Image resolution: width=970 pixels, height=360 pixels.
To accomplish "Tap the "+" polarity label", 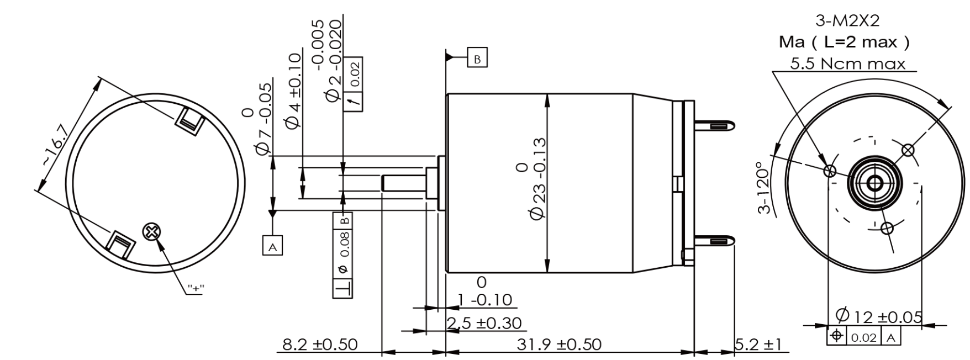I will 194,288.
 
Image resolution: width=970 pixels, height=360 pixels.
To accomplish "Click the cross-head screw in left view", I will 150,232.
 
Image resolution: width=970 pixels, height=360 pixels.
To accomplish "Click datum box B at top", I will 477,57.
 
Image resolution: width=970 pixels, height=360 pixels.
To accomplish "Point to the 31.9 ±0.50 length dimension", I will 558,345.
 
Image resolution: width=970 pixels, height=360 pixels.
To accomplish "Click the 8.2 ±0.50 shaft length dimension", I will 320,345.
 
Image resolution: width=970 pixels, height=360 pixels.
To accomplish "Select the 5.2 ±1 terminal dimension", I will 758,345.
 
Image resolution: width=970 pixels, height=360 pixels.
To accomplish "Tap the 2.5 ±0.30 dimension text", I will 484,323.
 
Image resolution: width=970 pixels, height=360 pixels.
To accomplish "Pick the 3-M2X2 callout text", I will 847,21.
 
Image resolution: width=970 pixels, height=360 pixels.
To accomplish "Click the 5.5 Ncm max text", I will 847,63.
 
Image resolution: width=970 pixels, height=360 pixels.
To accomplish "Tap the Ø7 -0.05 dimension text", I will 264,119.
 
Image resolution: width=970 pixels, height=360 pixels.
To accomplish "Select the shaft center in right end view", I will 874,183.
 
